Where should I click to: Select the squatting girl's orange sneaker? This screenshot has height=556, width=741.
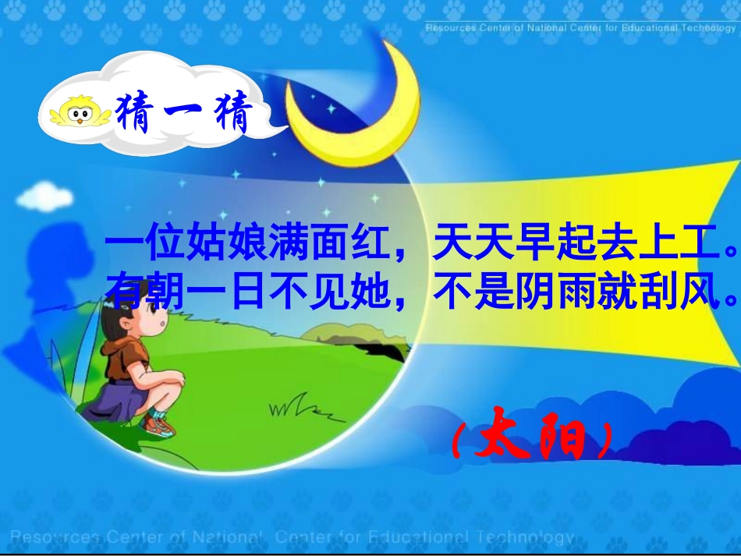click(160, 425)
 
